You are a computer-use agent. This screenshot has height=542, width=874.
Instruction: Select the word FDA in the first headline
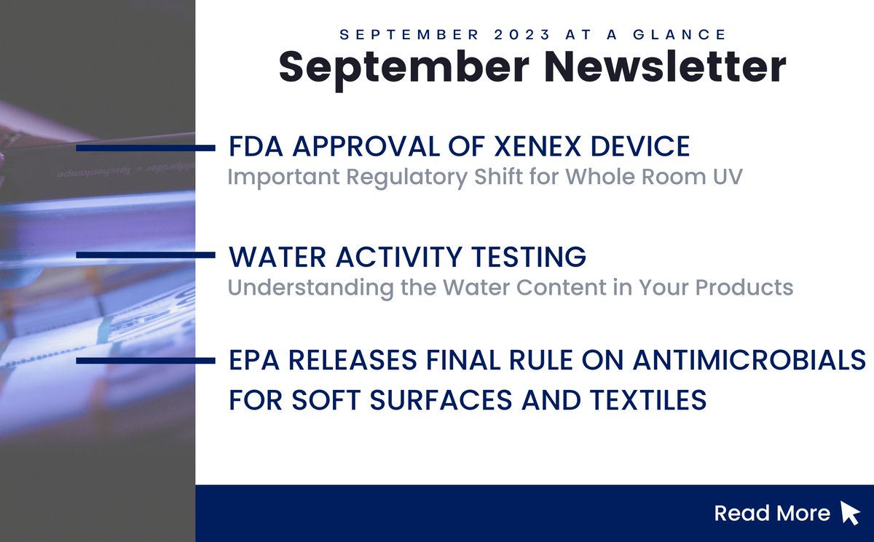coord(251,147)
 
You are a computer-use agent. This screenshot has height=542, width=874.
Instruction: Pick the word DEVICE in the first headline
coord(641,147)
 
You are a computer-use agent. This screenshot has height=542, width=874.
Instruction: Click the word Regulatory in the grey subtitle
coord(401,178)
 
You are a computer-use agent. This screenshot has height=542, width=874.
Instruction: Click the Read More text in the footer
coord(772,514)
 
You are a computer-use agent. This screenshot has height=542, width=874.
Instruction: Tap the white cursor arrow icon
coord(850,513)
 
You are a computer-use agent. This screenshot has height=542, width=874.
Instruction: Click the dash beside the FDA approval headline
coord(146,148)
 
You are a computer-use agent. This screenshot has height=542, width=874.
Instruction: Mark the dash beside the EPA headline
coord(146,361)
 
